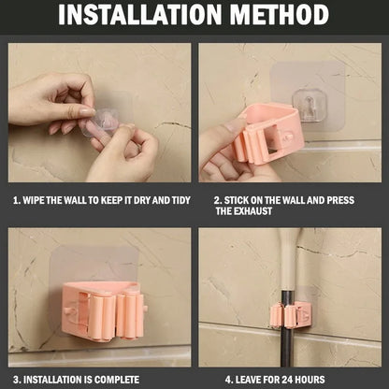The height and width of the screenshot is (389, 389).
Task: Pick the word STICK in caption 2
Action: point(240,200)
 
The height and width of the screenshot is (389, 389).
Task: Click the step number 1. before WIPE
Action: point(16,200)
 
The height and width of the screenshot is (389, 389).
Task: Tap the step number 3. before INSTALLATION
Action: point(15,379)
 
